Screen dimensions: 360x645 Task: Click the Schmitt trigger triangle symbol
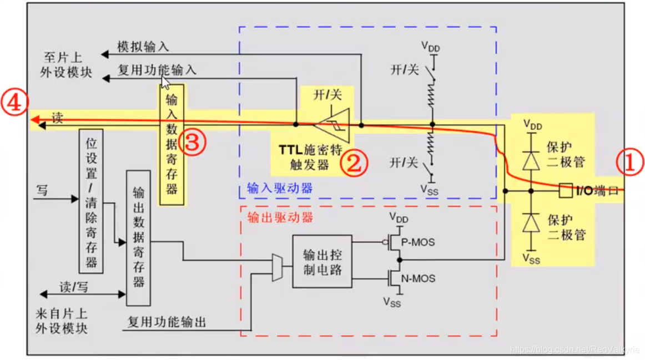[332, 125]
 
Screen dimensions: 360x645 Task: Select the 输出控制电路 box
[322, 261]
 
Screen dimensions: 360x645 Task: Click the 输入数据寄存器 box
[172, 145]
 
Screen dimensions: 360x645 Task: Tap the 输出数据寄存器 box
[138, 238]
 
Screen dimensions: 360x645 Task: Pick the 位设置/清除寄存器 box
[91, 201]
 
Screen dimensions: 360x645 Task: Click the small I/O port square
[565, 191]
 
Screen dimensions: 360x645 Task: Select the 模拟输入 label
[143, 47]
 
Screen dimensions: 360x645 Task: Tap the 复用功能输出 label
[167, 322]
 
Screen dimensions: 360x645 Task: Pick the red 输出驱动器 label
[280, 217]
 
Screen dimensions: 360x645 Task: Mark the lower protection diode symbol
[531, 222]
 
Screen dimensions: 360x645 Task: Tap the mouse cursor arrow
[165, 83]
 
